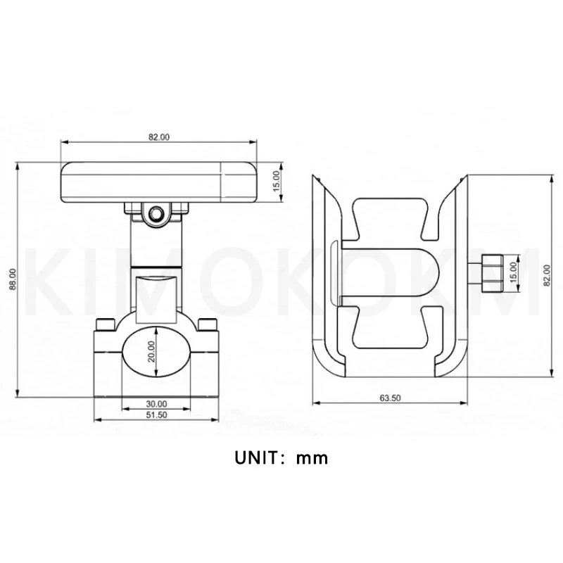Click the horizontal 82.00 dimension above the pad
(159, 137)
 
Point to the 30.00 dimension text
(156, 404)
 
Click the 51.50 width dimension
(156, 415)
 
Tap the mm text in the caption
(312, 459)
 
